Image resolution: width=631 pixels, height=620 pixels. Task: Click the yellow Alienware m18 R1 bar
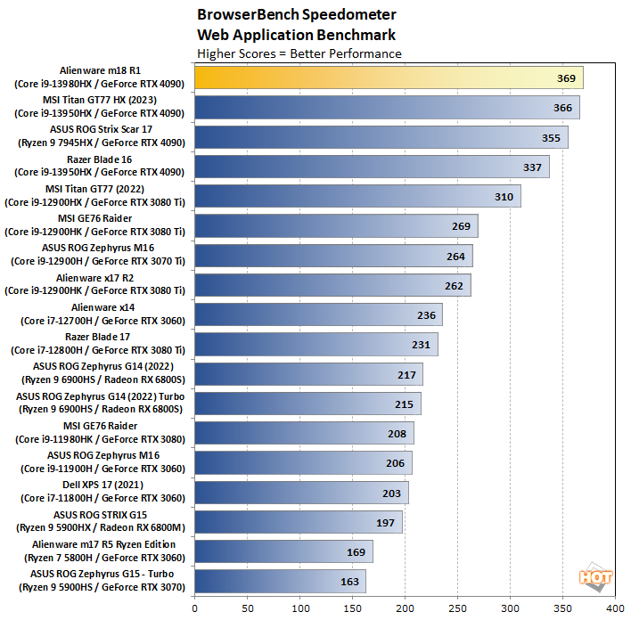[389, 78]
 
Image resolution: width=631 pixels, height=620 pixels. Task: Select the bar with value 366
[387, 108]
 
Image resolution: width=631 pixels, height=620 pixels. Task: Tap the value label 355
[552, 138]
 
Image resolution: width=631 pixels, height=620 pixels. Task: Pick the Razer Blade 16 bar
[372, 167]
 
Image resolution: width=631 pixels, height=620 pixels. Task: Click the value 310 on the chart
[504, 197]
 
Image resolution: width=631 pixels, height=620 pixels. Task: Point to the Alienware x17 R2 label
[100, 285]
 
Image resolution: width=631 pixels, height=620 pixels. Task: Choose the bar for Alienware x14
[318, 314]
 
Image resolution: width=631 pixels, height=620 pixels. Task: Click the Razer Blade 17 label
[100, 344]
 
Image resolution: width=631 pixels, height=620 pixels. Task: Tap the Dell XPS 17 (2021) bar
[301, 493]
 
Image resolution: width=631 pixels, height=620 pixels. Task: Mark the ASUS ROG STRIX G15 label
[100, 521]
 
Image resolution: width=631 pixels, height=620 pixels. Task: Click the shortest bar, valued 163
[280, 581]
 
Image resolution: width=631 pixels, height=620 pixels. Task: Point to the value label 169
[356, 551]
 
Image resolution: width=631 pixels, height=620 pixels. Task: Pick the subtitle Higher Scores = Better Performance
[299, 53]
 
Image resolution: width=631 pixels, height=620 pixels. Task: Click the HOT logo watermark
[595, 577]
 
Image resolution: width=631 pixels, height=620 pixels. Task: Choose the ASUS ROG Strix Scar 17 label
[100, 138]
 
